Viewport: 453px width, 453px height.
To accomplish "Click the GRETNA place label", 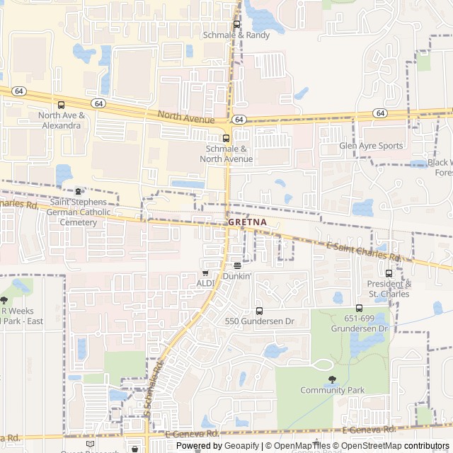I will tap(248, 222).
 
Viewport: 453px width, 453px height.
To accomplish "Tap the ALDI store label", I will tap(205, 283).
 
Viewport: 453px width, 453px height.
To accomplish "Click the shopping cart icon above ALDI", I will tap(205, 273).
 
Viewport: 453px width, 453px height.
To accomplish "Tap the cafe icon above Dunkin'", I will tap(237, 266).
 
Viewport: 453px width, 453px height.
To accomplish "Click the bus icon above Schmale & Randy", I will tap(236, 24).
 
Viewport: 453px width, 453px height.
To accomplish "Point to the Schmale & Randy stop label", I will tap(236, 35).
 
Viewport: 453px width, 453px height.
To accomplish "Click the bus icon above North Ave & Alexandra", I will tap(62, 105).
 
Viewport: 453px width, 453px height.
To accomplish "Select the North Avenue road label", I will tap(185, 117).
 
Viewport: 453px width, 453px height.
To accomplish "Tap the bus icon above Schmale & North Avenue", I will tap(226, 138).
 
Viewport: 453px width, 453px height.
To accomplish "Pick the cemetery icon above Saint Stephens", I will tap(78, 191).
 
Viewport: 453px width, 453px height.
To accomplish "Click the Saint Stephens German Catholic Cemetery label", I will tap(78, 212).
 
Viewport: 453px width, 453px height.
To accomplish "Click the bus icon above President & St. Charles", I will tap(389, 273).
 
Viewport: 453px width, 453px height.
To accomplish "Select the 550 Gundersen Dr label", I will tap(259, 321).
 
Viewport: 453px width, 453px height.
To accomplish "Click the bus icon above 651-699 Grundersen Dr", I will tap(359, 308).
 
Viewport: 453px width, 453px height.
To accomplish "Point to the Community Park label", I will tap(332, 390).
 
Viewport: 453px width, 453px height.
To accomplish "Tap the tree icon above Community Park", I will tap(332, 379).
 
